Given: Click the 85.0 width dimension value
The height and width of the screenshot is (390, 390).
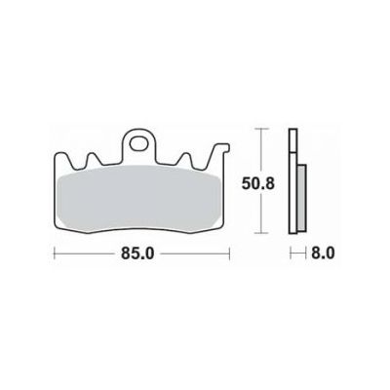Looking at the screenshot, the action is point(137,253).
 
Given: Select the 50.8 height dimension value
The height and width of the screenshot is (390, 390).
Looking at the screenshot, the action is point(258,183).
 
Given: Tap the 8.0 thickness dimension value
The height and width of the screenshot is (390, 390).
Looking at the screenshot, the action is point(323,253).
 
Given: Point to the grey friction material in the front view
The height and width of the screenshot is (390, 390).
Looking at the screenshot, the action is point(137,199).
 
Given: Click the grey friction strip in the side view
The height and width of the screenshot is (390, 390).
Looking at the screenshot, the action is point(301,198).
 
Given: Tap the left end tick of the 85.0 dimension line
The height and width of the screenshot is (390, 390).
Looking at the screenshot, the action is point(55,253).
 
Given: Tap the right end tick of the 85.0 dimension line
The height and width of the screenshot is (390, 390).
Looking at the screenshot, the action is point(230,253).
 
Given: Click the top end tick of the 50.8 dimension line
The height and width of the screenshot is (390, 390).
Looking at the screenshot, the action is point(261,129).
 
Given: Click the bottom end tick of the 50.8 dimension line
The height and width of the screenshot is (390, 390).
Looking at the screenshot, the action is point(261,233).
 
